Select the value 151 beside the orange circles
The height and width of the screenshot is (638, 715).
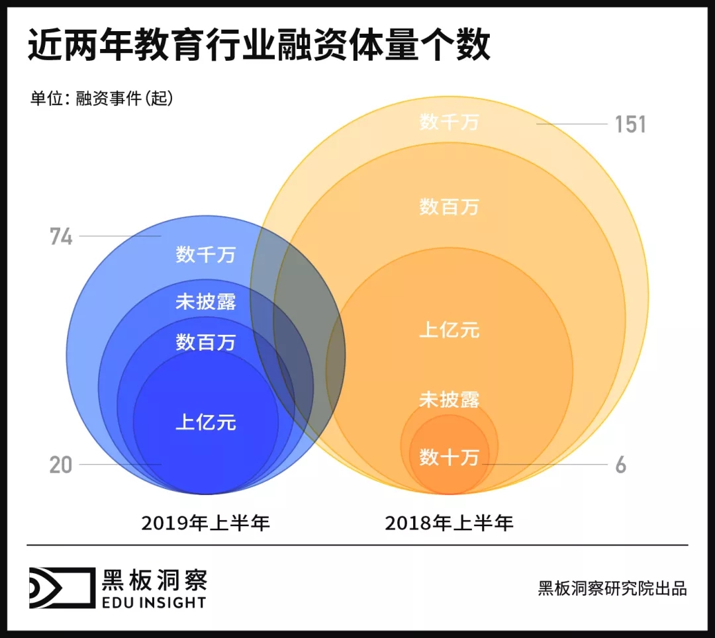pos(630,124)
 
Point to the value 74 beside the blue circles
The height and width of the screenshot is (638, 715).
pos(61,236)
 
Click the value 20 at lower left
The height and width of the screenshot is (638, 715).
pos(60,465)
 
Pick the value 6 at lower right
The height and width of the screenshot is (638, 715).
pos(620,465)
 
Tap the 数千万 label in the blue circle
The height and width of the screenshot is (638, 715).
pos(206,255)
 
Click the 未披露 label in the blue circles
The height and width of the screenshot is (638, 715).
pos(206,302)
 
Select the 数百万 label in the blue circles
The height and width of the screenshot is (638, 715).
pos(206,342)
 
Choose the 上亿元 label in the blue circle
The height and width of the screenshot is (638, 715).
pos(206,422)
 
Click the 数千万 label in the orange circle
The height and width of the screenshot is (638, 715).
pos(449,122)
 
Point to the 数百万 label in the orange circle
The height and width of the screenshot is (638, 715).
pos(449,206)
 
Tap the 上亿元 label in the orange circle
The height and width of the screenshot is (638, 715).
pos(449,330)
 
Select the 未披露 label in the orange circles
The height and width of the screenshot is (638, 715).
pos(449,399)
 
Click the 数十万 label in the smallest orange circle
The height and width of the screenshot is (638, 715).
pos(449,457)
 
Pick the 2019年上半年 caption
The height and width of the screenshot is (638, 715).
pos(206,524)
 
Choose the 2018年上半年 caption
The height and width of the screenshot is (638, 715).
pos(449,524)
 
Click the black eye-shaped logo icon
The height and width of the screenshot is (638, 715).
pos(60,587)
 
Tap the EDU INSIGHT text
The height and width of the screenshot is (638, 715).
pos(154,602)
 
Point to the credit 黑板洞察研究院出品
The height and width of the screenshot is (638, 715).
pos(612,588)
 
